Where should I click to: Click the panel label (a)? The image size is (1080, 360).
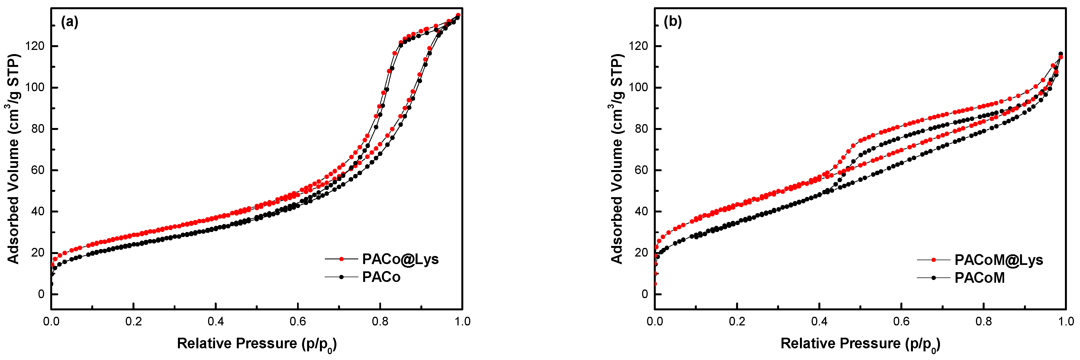click(70, 22)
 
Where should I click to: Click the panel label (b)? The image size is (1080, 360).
click(673, 22)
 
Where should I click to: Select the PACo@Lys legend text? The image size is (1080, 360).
click(400, 259)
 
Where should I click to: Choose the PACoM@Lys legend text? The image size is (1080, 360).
click(999, 260)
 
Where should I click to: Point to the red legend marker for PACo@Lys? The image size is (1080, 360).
click(341, 259)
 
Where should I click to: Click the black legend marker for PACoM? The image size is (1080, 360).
click(934, 278)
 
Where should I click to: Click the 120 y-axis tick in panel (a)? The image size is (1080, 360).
click(35, 46)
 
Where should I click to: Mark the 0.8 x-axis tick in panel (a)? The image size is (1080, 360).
click(380, 322)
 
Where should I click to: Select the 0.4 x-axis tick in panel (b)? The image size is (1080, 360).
click(819, 322)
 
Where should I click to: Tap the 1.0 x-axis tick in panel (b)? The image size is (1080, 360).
click(1065, 322)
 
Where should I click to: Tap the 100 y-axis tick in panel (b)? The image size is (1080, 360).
click(638, 88)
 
